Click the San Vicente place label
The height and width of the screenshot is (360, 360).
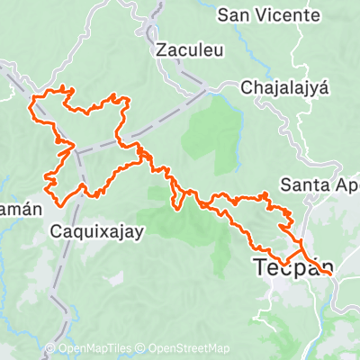[269, 16]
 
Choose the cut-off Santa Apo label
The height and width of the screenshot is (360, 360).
[319, 185]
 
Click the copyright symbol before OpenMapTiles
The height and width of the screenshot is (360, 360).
[50, 349]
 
